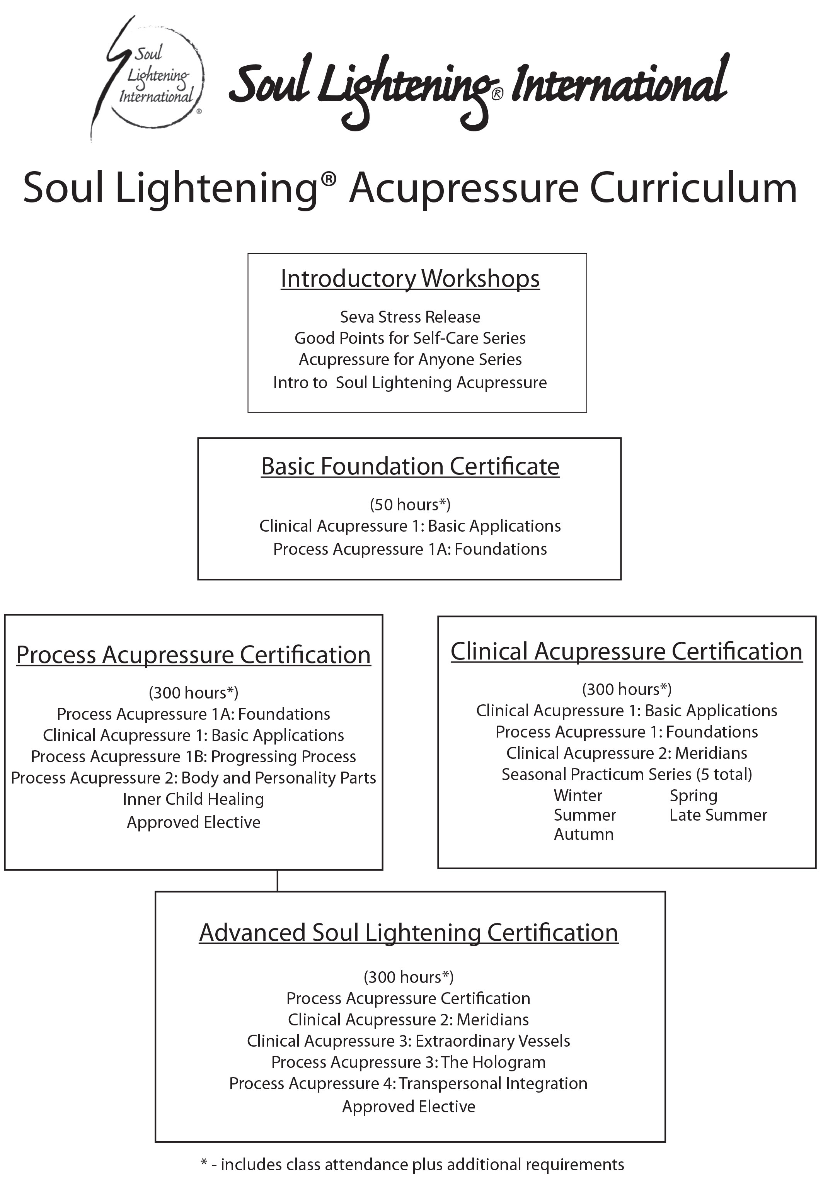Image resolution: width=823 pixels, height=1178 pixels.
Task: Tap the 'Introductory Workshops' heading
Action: click(410, 279)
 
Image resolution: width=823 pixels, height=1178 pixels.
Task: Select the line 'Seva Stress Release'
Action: click(410, 316)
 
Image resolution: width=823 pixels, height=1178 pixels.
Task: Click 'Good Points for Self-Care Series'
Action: click(410, 338)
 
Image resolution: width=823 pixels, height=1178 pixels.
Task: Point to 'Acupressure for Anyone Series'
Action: click(410, 359)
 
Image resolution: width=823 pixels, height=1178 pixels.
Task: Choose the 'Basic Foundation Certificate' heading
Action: click(410, 466)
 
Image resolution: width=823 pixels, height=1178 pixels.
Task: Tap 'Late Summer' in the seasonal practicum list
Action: click(718, 815)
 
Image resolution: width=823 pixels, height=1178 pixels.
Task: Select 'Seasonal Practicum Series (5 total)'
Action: click(626, 774)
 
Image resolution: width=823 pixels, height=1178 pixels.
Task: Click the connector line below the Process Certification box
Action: click(277, 881)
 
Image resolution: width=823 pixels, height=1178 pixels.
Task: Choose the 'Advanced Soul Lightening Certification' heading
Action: click(408, 932)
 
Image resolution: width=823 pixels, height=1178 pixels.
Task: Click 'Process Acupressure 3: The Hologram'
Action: click(408, 1062)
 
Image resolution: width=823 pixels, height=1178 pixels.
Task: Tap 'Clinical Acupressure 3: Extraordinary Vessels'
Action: click(408, 1040)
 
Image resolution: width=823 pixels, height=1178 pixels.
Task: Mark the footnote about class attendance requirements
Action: click(412, 1164)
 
